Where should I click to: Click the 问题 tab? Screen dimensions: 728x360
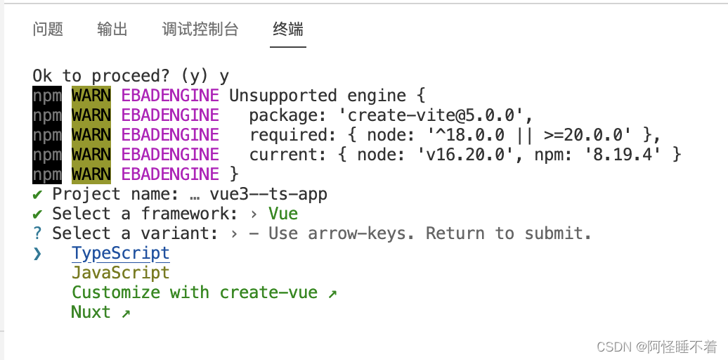click(48, 29)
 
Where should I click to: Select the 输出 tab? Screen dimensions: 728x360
click(112, 29)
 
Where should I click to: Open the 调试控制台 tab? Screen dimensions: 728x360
click(200, 29)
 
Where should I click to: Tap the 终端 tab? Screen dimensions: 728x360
click(288, 29)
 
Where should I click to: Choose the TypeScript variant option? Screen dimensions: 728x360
click(121, 253)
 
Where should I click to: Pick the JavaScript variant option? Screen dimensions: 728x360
click(121, 273)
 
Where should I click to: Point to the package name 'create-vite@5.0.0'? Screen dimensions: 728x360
click(436, 115)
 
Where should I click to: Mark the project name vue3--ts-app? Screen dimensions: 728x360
click(268, 194)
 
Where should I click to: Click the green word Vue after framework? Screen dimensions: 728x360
click(283, 214)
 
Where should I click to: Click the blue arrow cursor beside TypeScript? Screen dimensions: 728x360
click(37, 253)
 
